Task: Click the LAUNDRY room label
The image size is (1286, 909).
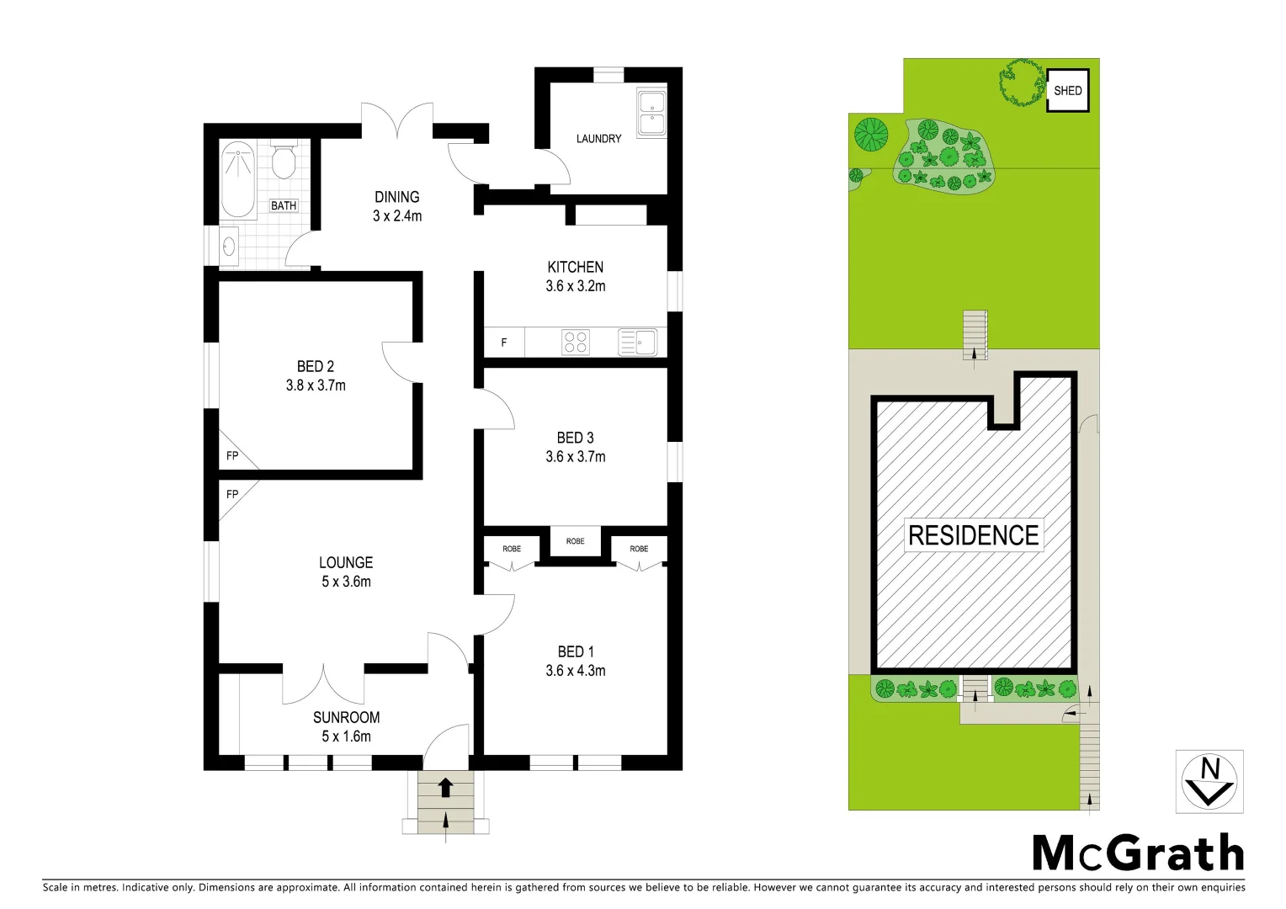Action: (598, 139)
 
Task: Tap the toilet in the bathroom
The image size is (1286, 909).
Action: (284, 162)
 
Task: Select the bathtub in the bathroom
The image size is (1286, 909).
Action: (237, 180)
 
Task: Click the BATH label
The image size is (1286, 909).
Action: (284, 205)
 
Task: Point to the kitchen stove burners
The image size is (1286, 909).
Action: (576, 342)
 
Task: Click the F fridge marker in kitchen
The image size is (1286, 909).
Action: (504, 343)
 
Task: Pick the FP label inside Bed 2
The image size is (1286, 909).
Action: (232, 456)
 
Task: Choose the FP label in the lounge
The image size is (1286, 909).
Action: (232, 494)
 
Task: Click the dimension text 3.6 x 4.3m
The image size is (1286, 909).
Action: (576, 671)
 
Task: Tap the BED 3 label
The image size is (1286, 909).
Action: (576, 438)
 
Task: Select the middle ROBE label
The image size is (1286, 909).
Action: (576, 541)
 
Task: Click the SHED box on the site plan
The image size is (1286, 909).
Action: (1067, 91)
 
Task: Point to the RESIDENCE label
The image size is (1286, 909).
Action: (974, 535)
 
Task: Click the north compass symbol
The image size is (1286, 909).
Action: (1209, 782)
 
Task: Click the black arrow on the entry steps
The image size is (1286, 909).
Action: (445, 788)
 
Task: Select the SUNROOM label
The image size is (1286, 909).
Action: (346, 717)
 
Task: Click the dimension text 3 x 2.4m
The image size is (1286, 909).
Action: (397, 215)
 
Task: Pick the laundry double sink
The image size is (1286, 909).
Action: (651, 114)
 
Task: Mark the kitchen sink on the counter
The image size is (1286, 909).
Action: (638, 343)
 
